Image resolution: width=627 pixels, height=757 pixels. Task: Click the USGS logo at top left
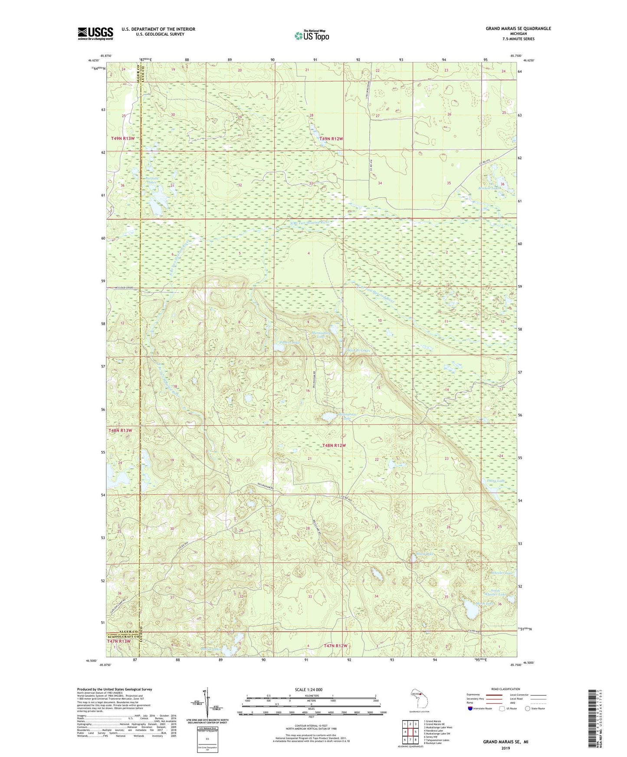coord(95,33)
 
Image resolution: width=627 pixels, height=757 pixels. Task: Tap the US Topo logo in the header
coord(312,36)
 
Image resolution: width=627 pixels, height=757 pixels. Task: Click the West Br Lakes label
coord(358,350)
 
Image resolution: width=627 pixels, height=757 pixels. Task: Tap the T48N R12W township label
coord(334,446)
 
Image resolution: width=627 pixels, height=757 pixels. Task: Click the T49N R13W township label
coord(123,138)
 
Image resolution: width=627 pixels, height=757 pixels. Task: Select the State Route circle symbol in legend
coord(527,708)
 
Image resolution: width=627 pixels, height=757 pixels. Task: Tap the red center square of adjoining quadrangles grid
coord(410,731)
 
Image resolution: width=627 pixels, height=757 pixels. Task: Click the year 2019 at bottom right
coord(505,748)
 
